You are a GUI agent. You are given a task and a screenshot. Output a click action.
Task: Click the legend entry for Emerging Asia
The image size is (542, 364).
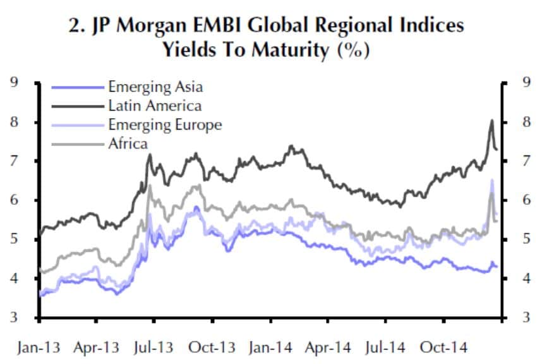tap(155, 87)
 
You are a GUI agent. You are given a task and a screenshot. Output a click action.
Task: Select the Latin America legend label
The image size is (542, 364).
tap(155, 106)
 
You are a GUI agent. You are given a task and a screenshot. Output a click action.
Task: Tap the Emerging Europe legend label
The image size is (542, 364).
tap(165, 124)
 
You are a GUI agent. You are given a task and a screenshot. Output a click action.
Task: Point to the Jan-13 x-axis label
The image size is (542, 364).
tap(39, 348)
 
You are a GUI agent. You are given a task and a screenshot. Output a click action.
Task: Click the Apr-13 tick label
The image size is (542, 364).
tap(97, 348)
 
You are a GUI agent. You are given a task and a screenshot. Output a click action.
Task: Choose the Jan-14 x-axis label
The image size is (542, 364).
tap(270, 348)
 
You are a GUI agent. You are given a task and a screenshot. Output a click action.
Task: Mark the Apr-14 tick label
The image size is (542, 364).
tap(327, 348)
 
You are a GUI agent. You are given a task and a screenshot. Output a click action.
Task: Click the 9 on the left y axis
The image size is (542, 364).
tap(14, 82)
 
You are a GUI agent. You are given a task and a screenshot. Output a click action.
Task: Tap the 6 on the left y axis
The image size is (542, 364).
tap(14, 200)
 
